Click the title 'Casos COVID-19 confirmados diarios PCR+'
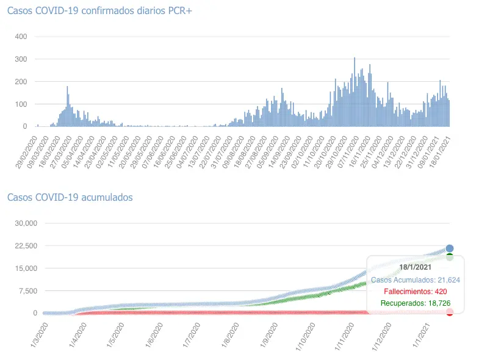[99, 13]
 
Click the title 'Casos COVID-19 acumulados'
[70, 197]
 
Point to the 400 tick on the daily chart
[21, 37]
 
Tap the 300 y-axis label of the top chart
[21, 59]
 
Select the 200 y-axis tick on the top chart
[21, 82]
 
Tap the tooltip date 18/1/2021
[416, 267]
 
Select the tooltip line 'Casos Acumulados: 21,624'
[416, 279]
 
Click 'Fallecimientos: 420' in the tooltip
[416, 291]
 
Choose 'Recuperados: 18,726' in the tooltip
[416, 303]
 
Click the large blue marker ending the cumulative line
[450, 248]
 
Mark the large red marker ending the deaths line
[450, 312]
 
